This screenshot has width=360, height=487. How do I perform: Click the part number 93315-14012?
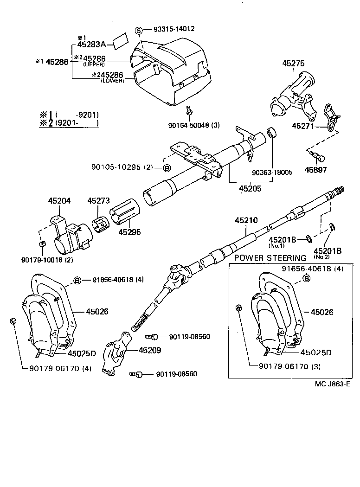pyautogui.click(x=175, y=29)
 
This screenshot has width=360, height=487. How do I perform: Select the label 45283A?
pyautogui.click(x=92, y=45)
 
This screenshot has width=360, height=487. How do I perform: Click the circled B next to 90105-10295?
pyautogui.click(x=167, y=167)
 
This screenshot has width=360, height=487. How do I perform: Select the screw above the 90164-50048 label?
pyautogui.click(x=190, y=110)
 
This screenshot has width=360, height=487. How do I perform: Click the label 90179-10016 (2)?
pyautogui.click(x=47, y=259)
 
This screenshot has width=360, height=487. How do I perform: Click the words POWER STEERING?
pyautogui.click(x=270, y=258)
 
